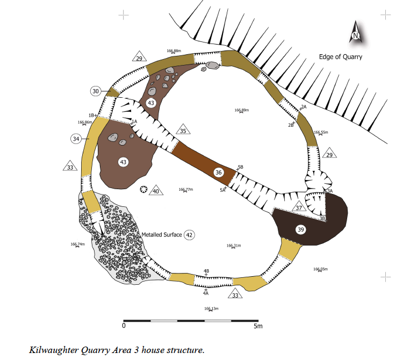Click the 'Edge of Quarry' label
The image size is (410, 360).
[341, 57]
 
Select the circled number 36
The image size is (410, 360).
[218, 172]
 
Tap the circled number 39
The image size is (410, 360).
[300, 229]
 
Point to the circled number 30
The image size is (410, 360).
[96, 91]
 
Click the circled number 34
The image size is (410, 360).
[76, 139]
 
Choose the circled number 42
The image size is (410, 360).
[189, 235]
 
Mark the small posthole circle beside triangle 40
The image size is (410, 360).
[143, 189]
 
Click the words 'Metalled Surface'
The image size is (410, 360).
[161, 235]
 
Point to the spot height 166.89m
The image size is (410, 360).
[241, 110]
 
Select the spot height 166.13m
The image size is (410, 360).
[211, 308]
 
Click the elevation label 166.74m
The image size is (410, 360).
[78, 244]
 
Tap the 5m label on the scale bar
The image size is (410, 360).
[258, 326]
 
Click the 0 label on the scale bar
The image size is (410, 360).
[124, 326]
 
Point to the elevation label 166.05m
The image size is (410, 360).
[320, 269]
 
